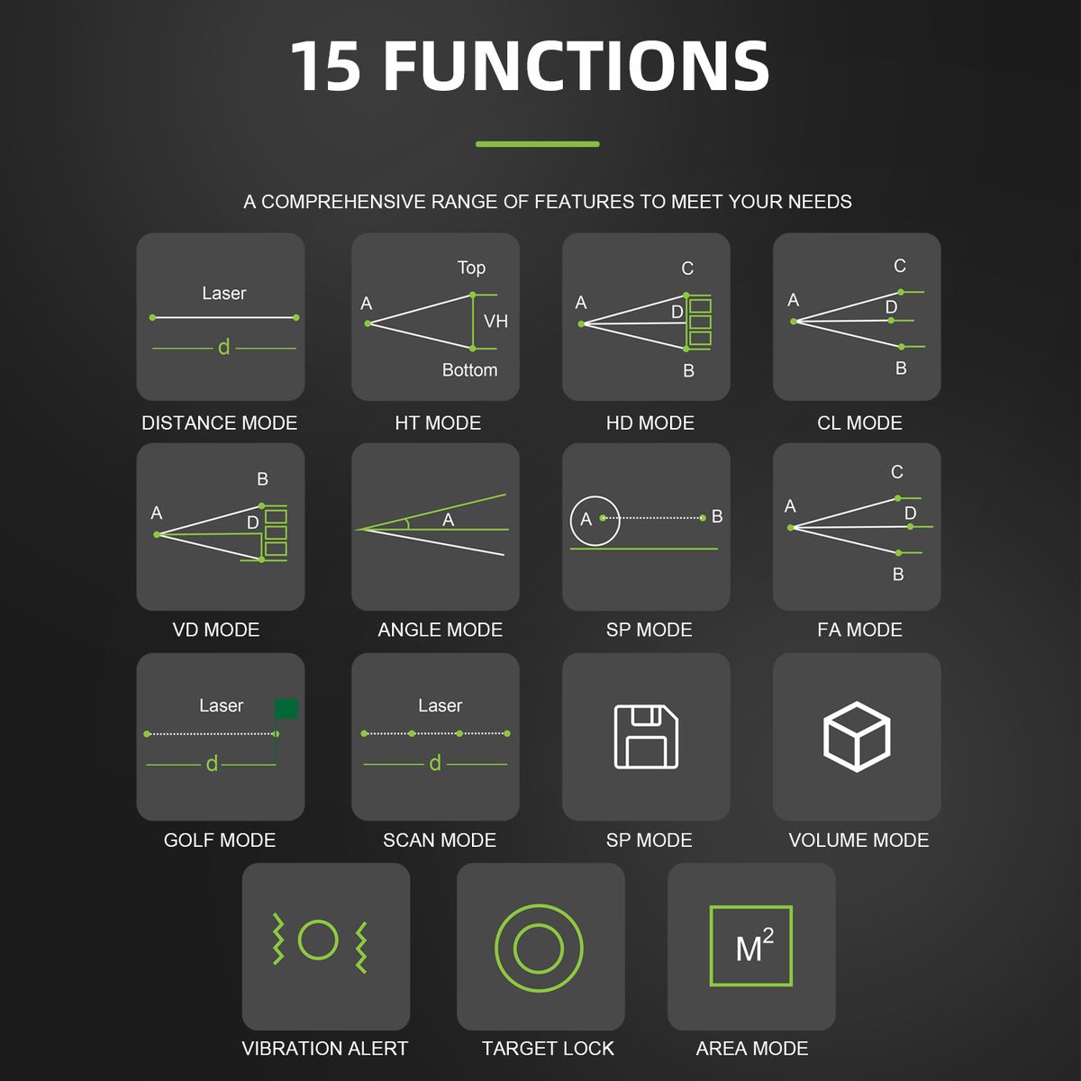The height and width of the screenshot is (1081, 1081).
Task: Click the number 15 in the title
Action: pos(326,66)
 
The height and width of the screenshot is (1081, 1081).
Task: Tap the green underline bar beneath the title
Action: pos(538,144)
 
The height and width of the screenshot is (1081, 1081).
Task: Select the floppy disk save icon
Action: pos(646,737)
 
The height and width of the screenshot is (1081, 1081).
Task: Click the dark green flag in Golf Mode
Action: pos(286,709)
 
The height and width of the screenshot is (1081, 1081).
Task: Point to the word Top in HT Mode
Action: pos(471,268)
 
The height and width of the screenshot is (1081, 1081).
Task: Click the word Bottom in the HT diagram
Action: pos(469,370)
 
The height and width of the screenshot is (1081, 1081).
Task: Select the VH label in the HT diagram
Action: pos(495,322)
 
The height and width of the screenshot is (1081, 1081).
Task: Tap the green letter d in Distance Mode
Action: pos(223,347)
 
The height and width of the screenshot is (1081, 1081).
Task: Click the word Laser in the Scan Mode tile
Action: pos(441,705)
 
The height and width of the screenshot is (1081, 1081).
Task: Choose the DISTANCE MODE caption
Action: pos(219,423)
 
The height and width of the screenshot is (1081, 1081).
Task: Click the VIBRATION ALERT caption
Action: pos(325,1049)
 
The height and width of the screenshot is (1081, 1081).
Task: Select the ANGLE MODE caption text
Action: pos(441,630)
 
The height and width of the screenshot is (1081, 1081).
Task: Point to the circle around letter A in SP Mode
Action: pos(571,522)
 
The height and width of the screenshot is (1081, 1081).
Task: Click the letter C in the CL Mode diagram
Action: pos(900,266)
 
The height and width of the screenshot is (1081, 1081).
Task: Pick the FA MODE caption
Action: pos(859,630)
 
